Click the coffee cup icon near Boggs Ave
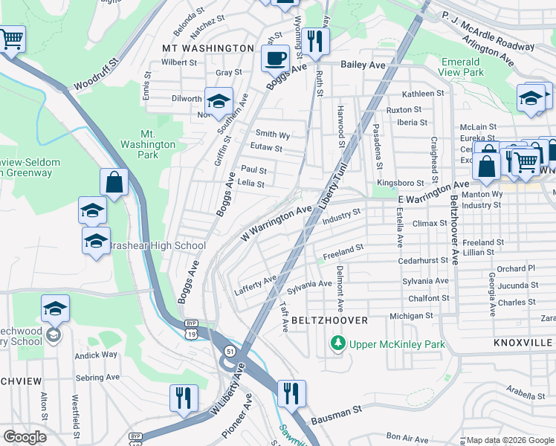click(x=275, y=58)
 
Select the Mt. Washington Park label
click(x=158, y=144)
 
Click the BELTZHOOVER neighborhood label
click(x=329, y=320)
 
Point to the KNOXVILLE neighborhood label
click(x=523, y=343)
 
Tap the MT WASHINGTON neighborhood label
click(x=208, y=48)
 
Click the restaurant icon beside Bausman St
click(x=290, y=393)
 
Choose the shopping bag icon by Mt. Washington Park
click(x=114, y=182)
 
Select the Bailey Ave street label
click(x=363, y=65)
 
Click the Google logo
click(x=25, y=437)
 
